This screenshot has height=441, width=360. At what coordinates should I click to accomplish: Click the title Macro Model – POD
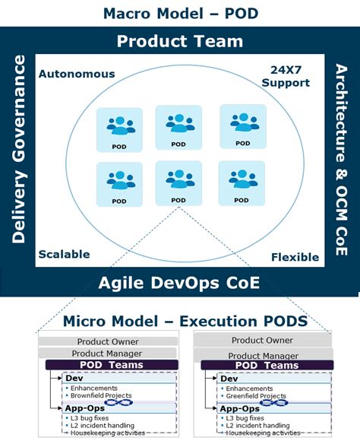pos(179,12)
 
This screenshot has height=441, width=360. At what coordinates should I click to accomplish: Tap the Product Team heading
pos(179,41)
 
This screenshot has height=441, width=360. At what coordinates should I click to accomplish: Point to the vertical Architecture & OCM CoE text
pos(341,160)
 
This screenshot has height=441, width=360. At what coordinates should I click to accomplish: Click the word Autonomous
pos(77,74)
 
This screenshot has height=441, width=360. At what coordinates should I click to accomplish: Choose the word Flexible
pos(295,257)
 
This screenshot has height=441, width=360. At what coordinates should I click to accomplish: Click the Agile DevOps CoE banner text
pos(179,284)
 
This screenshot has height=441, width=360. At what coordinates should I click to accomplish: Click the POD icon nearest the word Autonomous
pos(118,127)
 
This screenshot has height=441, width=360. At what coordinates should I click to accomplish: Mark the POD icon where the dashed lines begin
pos(178,183)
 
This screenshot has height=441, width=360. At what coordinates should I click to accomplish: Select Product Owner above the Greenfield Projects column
pos(262,340)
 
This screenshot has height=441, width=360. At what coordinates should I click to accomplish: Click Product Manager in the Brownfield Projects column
pos(106,354)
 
